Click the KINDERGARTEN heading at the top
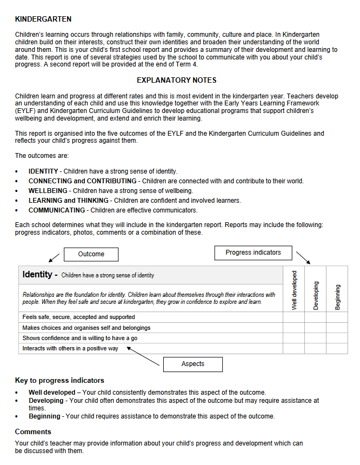43,19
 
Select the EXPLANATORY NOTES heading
177,81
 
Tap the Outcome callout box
91,254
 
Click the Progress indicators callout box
253,253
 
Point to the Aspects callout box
193,364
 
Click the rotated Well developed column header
294,290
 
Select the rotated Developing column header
316,295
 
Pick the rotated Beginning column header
337,297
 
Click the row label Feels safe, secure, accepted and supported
78,317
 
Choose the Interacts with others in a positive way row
70,349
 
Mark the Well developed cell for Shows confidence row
294,338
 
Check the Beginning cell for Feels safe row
337,317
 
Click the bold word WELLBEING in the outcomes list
48,191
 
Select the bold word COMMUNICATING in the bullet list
57,210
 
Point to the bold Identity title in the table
39,275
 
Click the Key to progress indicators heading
59,381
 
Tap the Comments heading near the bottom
33,432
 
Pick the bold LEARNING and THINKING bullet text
68,201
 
